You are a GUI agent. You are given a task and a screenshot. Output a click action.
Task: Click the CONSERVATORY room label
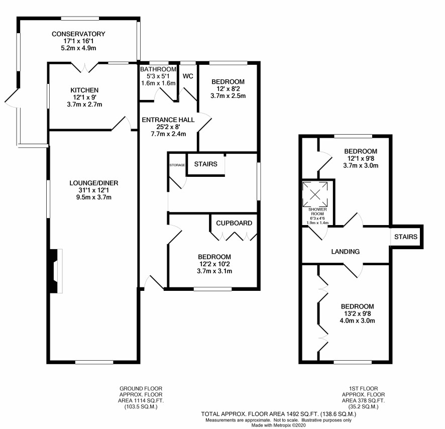tap(78, 34)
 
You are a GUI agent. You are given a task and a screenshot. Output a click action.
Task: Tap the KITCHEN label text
tap(84, 90)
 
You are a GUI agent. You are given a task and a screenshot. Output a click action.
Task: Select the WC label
tap(188, 76)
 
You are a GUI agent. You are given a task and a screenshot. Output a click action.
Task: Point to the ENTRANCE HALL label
tap(168, 120)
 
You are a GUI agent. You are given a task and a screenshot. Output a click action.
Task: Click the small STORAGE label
tap(177, 165)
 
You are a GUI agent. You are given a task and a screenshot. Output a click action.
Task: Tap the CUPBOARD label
tap(234, 223)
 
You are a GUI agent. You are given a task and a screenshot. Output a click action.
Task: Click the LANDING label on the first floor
tap(346, 252)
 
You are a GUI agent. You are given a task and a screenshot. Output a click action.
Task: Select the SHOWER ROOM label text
tap(317, 211)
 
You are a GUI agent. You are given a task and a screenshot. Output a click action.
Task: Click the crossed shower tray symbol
tap(315, 194)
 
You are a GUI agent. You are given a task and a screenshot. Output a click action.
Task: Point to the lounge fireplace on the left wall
tap(56, 271)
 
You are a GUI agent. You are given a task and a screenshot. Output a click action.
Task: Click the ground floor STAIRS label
tap(206, 164)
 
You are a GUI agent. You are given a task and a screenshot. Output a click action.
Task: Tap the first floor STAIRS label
tap(406, 237)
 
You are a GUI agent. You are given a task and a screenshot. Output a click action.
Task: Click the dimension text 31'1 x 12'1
tap(93, 190)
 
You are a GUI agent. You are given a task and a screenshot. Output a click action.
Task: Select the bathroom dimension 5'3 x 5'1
tap(158, 76)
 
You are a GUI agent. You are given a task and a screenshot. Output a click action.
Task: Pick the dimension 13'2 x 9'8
tap(357, 314)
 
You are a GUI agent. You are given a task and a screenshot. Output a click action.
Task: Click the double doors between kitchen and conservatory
tap(84, 68)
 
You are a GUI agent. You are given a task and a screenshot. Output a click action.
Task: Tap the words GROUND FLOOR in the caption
tap(141, 388)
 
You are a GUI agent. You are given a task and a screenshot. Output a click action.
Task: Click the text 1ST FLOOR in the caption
tap(364, 388)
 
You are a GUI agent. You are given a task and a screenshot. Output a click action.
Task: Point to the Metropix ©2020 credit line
tap(278, 425)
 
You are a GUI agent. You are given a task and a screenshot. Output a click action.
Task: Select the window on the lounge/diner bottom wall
tap(94, 362)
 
